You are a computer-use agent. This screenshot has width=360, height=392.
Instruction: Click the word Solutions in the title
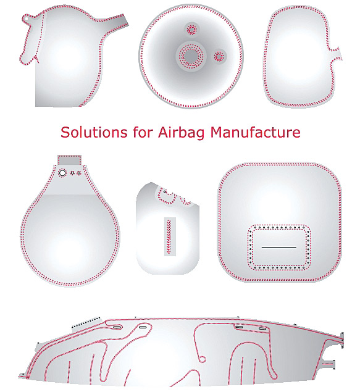click(x=94, y=131)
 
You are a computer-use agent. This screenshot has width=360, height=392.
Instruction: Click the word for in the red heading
click(x=143, y=131)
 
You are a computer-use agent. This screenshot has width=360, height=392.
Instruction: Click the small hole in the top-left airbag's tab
click(x=26, y=19)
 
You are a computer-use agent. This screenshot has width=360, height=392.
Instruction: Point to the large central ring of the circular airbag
click(x=191, y=56)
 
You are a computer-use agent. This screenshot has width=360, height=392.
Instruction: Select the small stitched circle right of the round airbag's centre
click(x=219, y=57)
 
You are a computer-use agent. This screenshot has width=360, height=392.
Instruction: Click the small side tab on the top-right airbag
click(x=337, y=53)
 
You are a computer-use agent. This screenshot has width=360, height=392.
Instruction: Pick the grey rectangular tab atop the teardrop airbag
click(x=70, y=160)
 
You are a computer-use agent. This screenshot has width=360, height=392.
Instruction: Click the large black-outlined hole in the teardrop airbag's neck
click(x=62, y=173)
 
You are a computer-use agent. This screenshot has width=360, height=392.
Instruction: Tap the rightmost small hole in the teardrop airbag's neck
click(x=79, y=173)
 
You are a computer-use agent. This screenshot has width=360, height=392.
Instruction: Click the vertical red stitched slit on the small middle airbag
click(x=170, y=236)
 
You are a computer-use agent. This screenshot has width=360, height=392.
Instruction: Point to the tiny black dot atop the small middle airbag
click(x=165, y=191)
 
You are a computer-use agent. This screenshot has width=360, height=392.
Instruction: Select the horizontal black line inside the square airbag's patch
click(x=278, y=248)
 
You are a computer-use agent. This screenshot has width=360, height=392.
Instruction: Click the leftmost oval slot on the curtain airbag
click(x=117, y=327)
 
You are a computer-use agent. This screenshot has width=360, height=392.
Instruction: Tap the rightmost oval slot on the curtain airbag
click(x=262, y=329)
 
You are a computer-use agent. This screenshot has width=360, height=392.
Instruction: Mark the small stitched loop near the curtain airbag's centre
click(x=203, y=360)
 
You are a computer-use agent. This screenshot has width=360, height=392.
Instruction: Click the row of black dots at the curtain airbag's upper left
click(x=86, y=322)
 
